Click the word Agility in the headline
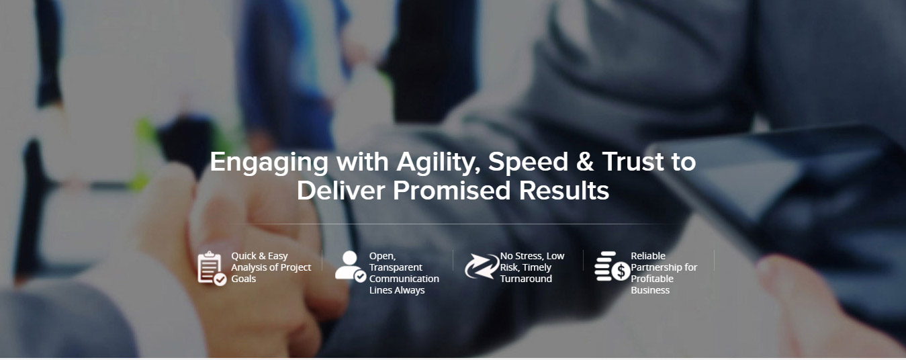[439, 163]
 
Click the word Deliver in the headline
[341, 190]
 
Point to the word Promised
[452, 190]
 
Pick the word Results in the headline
[564, 190]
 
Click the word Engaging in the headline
[269, 163]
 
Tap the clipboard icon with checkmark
[212, 268]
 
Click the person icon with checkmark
[351, 266]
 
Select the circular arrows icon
[482, 266]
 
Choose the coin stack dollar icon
[612, 266]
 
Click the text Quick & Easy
[259, 256]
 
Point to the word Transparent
[396, 267]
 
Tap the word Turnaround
[526, 279]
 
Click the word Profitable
[652, 279]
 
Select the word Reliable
[648, 256]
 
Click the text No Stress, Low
[533, 256]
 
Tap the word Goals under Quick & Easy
[244, 279]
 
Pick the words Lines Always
[397, 290]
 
